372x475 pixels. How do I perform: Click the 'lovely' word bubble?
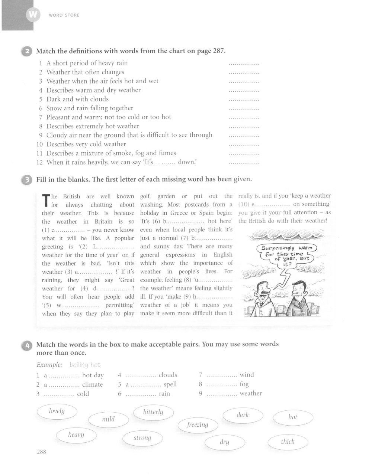[x=57, y=411]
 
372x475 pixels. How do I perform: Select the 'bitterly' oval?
[x=153, y=412]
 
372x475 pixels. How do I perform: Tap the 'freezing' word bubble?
[x=198, y=424]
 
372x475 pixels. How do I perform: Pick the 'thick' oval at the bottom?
[x=288, y=442]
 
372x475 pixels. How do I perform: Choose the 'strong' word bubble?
[x=142, y=438]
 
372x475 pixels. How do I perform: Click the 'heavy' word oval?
[x=76, y=435]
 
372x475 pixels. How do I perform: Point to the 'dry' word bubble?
[x=225, y=442]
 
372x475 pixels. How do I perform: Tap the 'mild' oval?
[x=108, y=419]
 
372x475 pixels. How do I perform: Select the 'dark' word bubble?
[x=243, y=415]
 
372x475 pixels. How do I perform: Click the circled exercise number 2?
[x=27, y=51]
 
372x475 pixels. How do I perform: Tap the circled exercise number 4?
[x=27, y=345]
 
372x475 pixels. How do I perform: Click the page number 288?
[x=42, y=452]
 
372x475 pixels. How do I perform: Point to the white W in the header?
[x=32, y=15]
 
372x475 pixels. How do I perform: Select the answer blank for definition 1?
[x=244, y=64]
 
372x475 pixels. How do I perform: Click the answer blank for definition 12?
[x=244, y=163]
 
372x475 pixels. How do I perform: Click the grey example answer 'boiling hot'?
[x=85, y=365]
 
